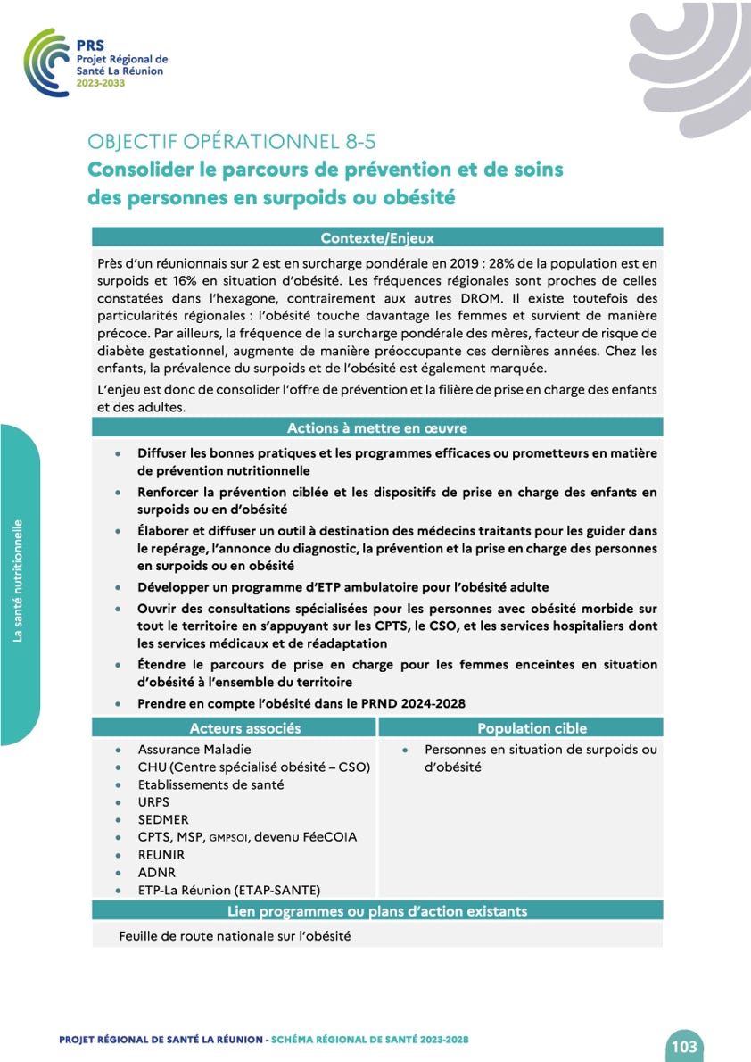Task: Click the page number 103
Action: (x=684, y=1046)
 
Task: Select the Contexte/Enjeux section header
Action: (x=377, y=237)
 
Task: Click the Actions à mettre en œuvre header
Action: (x=377, y=428)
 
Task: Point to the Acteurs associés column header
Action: (x=245, y=728)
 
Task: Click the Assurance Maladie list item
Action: (x=194, y=750)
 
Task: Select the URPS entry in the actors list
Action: (x=153, y=802)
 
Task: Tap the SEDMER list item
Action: (x=163, y=819)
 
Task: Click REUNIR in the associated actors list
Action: (x=161, y=854)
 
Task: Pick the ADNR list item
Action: (x=157, y=872)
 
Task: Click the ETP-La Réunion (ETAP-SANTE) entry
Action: (x=229, y=890)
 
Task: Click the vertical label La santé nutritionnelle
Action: (x=18, y=580)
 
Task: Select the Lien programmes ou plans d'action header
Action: (x=377, y=911)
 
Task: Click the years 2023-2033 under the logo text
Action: (x=101, y=83)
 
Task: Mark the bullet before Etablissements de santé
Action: (x=120, y=785)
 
